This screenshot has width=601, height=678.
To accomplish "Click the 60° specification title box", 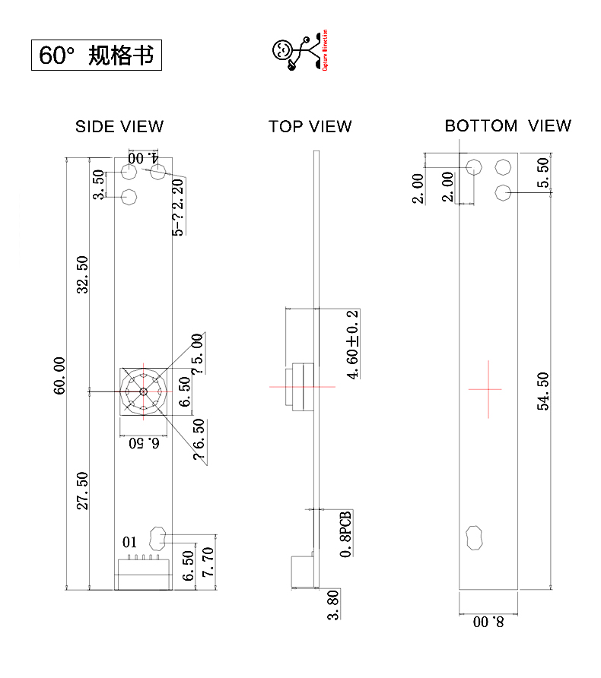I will (97, 55).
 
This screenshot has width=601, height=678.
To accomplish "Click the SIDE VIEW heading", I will (119, 126).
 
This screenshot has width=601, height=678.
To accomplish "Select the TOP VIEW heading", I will (310, 126).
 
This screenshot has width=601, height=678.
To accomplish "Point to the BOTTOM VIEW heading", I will (507, 125).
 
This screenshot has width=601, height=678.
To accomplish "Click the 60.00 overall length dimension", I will (59, 375).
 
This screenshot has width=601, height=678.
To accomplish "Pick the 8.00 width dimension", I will (488, 622).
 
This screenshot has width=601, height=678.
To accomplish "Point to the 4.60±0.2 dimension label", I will (352, 344).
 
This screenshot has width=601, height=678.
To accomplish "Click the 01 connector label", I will (129, 542).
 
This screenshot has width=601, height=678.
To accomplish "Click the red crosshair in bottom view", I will (485, 388).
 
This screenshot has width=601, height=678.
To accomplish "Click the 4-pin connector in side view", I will (143, 572).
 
